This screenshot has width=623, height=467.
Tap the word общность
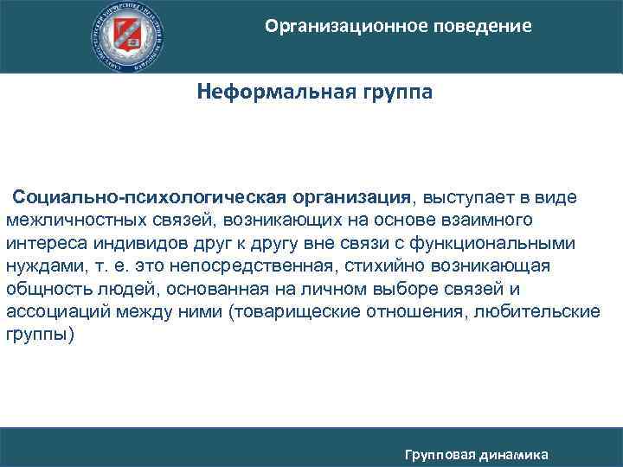45,288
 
